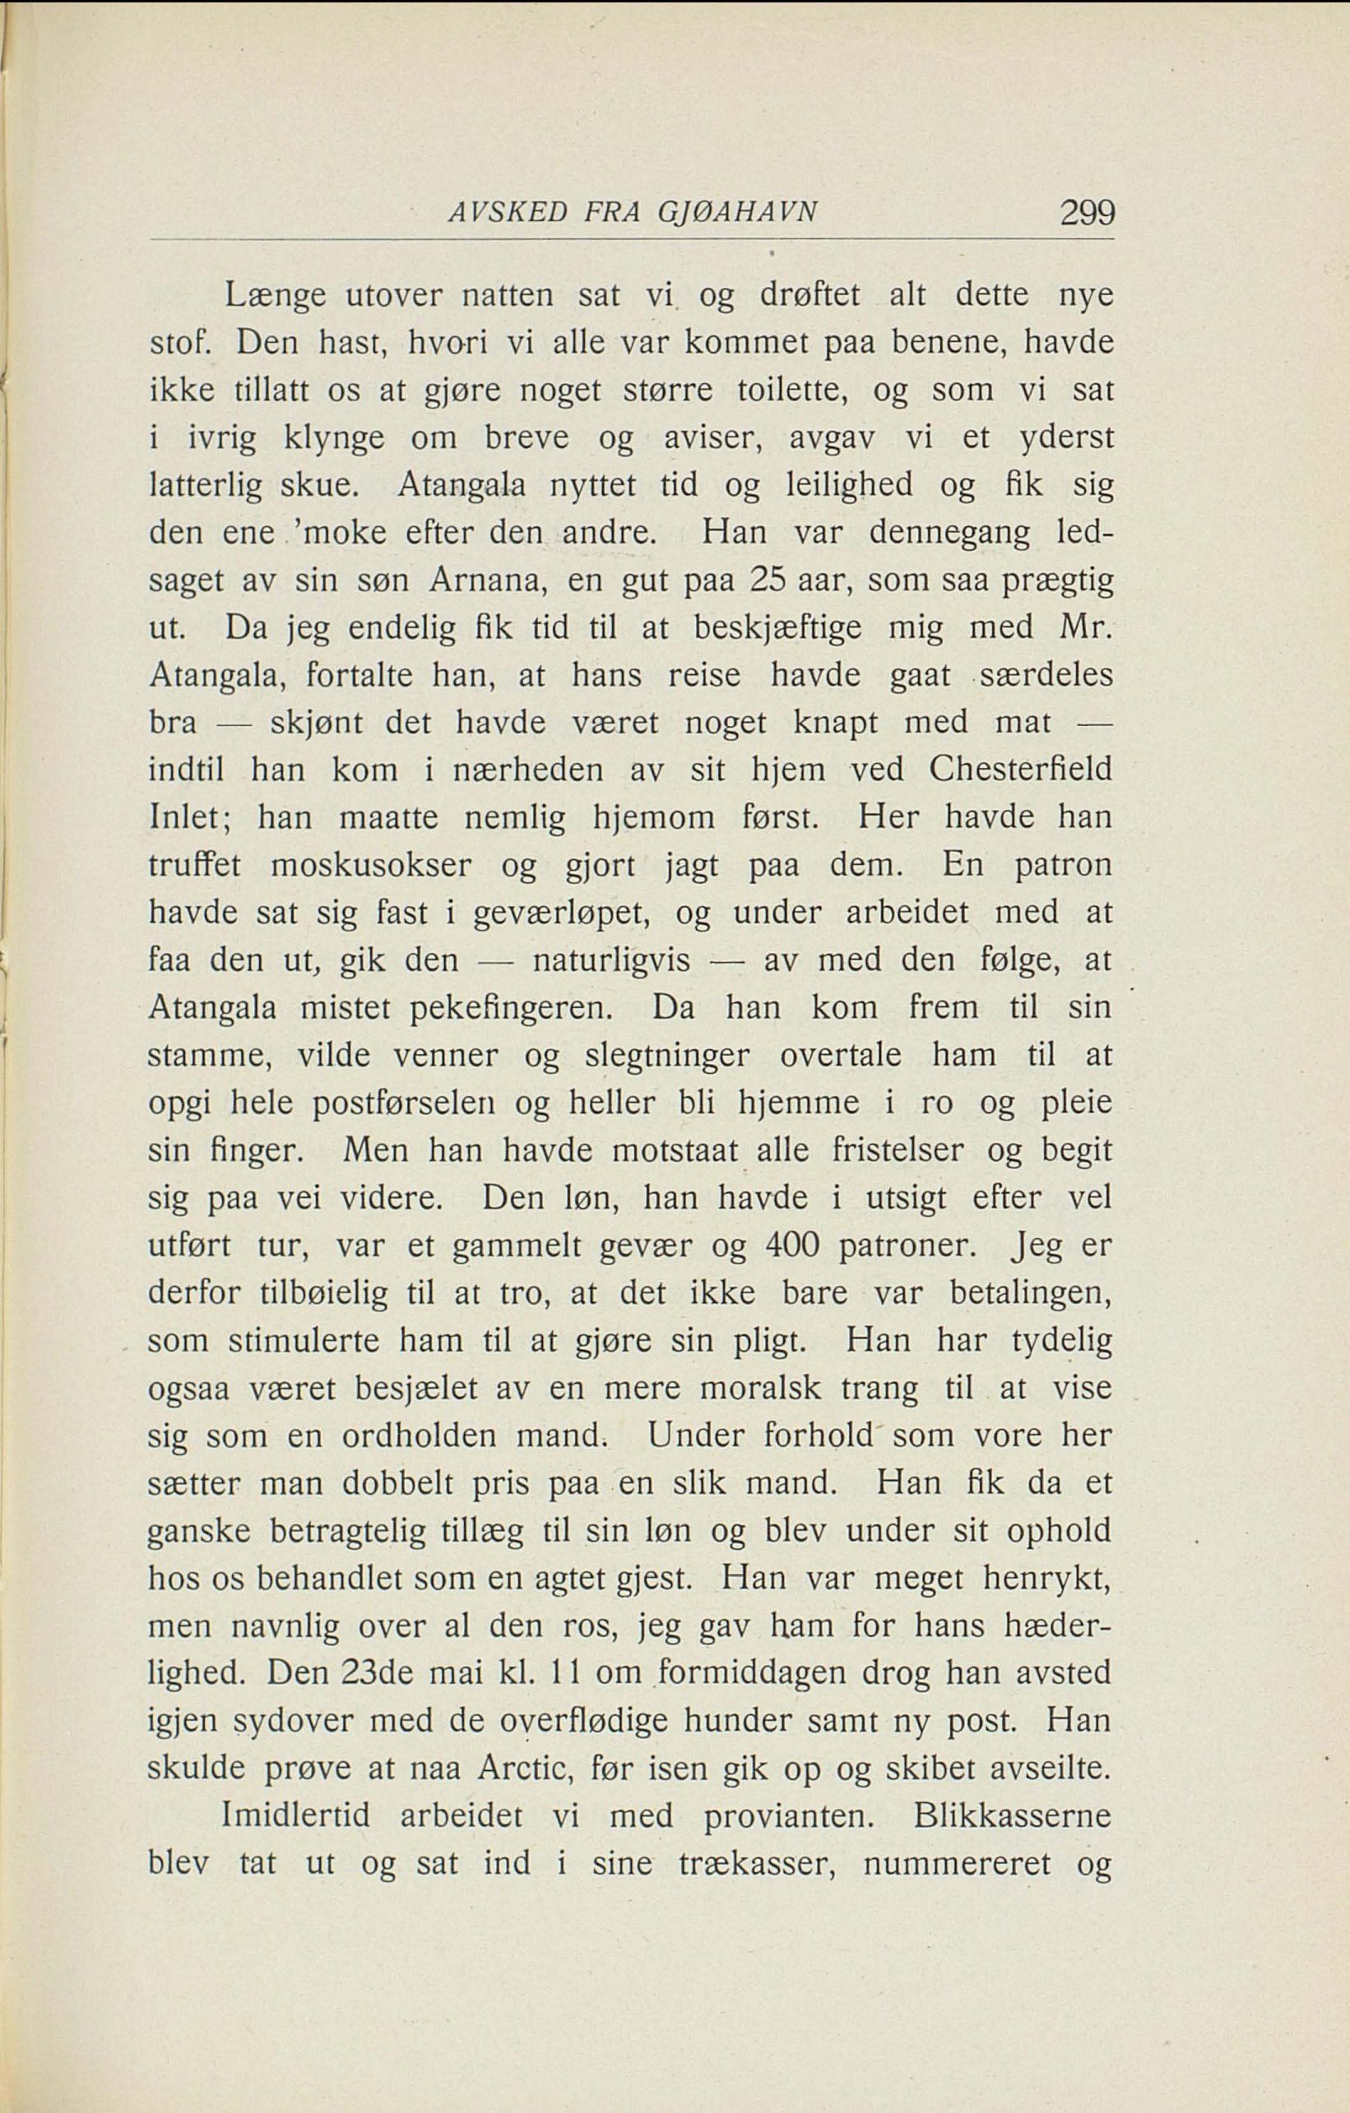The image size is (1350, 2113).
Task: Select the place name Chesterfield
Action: click(1021, 770)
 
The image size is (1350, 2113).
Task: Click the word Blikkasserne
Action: click(1012, 1815)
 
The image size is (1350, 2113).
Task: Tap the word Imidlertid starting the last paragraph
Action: click(299, 1815)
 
